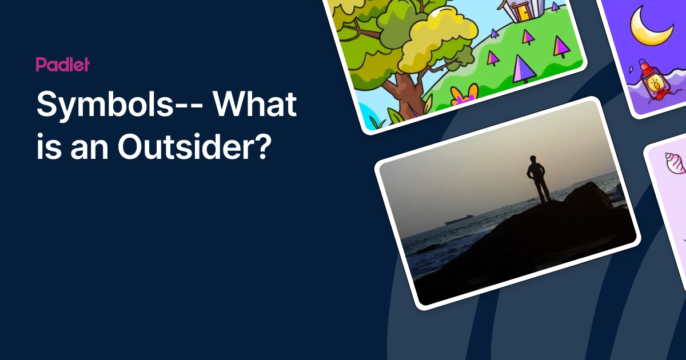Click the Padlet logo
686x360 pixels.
click(62, 65)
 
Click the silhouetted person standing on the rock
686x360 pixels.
click(537, 178)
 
